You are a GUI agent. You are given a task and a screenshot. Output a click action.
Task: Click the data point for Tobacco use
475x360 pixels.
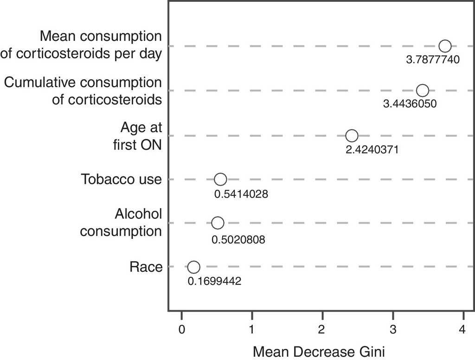point(220,180)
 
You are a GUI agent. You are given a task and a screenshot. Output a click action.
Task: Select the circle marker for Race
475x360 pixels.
point(194,267)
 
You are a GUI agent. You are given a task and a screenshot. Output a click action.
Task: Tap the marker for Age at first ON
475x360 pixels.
point(352,136)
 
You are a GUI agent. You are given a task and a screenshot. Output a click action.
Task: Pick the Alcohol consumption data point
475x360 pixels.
point(218,223)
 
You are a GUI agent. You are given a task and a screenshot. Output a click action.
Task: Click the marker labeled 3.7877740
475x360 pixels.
point(445,46)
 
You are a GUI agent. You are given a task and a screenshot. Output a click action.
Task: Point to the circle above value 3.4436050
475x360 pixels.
point(423,90)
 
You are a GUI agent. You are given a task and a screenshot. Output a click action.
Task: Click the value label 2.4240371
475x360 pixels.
point(372,150)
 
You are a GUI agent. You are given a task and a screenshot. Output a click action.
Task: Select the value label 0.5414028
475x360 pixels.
point(241,194)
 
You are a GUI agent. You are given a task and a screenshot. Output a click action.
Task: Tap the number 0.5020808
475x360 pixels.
point(238,240)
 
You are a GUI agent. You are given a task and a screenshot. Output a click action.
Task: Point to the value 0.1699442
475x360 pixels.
point(214,281)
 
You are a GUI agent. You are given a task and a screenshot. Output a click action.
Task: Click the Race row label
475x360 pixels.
point(146,267)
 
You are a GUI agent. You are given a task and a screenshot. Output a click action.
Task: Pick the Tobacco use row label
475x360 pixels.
point(121,179)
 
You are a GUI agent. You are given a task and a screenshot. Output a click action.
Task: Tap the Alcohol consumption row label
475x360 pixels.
point(121,222)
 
